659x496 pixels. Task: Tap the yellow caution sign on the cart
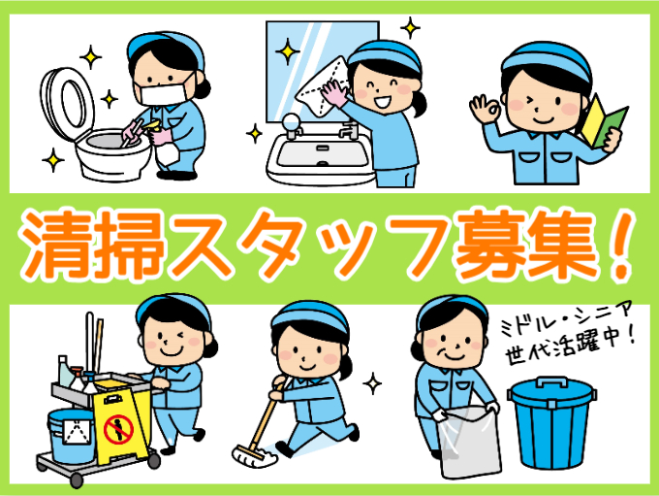click(x=118, y=428)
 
